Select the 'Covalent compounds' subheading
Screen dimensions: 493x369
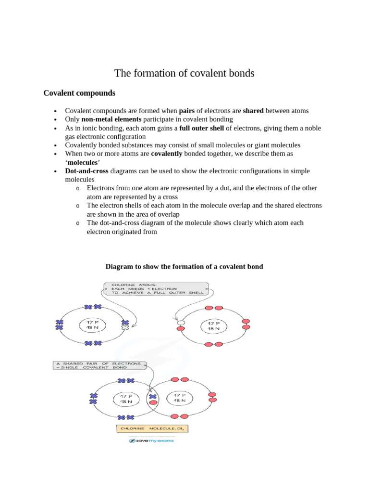[x=79, y=93]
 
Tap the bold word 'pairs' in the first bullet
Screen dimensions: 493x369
[x=186, y=111]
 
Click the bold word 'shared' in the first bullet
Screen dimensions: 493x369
[x=253, y=111]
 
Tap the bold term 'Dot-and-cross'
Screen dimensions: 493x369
[x=87, y=171]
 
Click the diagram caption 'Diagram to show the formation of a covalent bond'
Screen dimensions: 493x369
[x=184, y=266]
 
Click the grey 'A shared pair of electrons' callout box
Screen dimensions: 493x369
[x=99, y=365]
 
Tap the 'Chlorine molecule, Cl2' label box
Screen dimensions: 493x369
[x=152, y=428]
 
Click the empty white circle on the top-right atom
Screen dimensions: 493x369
[x=181, y=323]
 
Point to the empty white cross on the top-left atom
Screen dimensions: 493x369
[x=125, y=328]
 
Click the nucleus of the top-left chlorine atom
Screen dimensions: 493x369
[x=92, y=325]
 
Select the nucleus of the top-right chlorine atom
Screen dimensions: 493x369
[x=213, y=325]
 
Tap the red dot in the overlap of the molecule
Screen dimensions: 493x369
[x=153, y=403]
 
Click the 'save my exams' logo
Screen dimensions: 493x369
[x=152, y=441]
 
